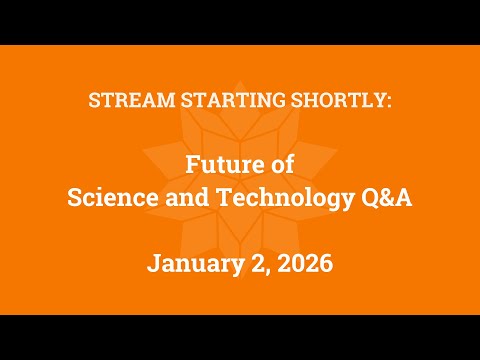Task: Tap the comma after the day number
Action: click(x=259, y=271)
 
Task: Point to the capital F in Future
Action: click(x=191, y=168)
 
